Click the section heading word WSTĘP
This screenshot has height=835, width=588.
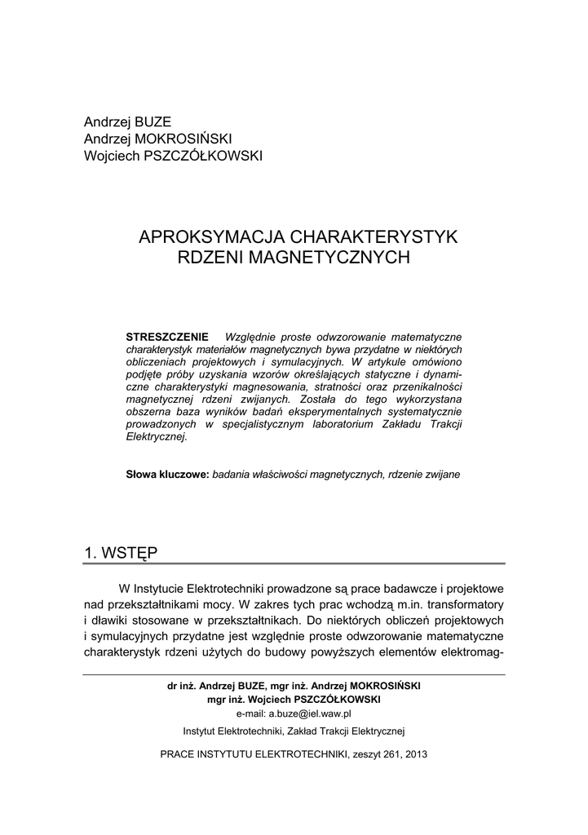[131, 553]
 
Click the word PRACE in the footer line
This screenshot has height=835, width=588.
[177, 754]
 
